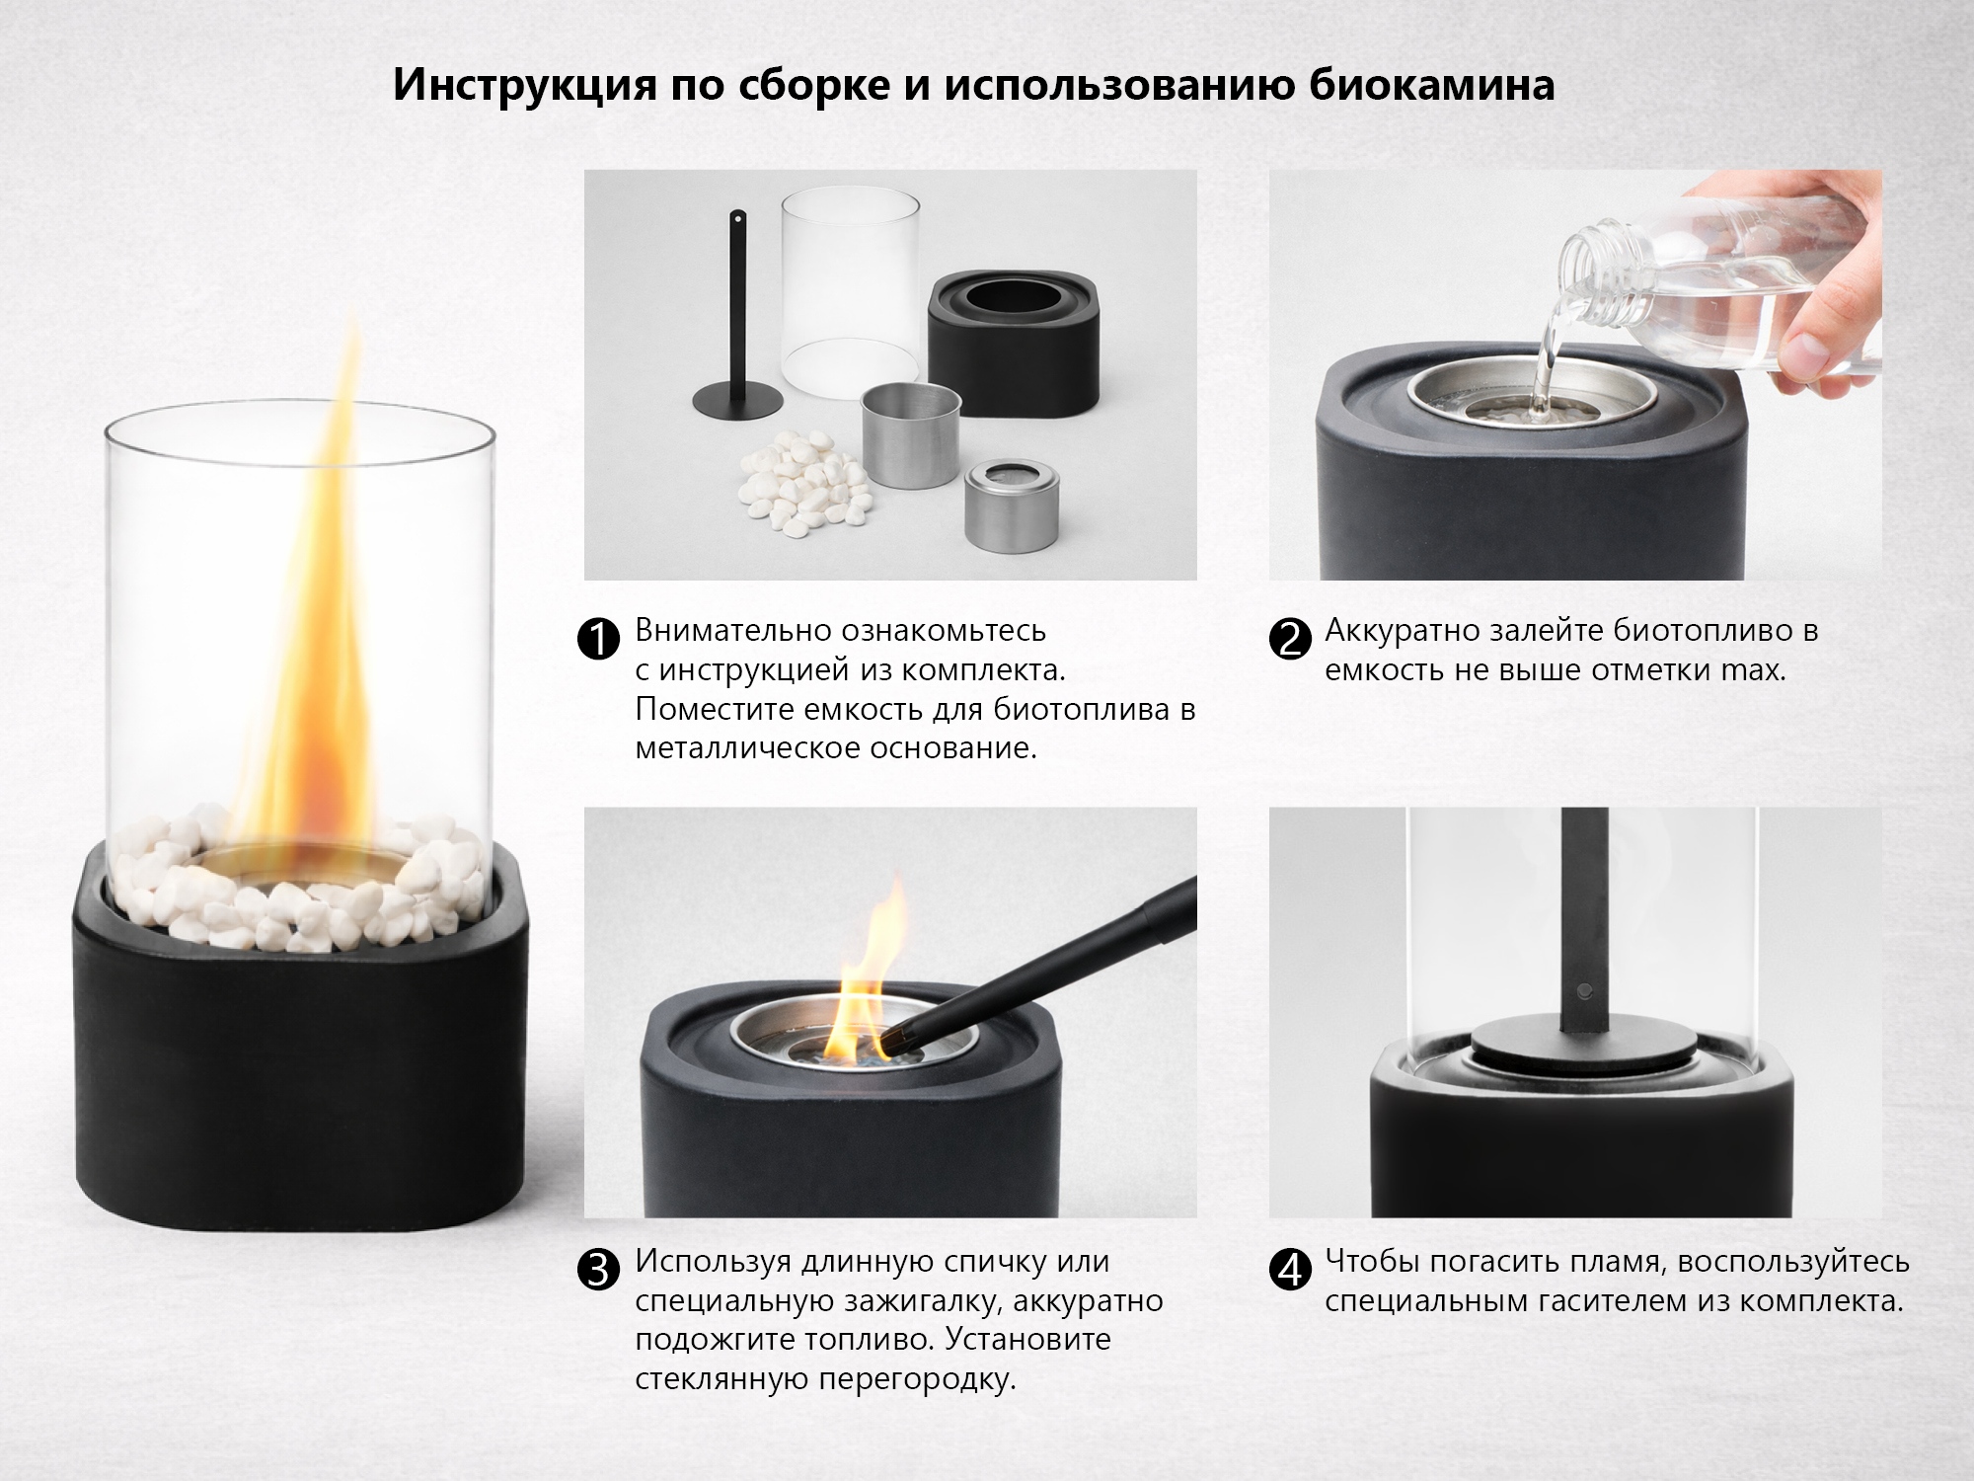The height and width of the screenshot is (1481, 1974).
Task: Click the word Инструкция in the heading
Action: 524,86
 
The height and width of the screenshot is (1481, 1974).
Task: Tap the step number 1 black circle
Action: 597,639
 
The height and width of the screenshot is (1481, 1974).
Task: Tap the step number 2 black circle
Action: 1289,639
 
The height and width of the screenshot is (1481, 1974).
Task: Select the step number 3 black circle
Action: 597,1270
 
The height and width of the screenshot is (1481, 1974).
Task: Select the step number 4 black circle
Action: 1289,1270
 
